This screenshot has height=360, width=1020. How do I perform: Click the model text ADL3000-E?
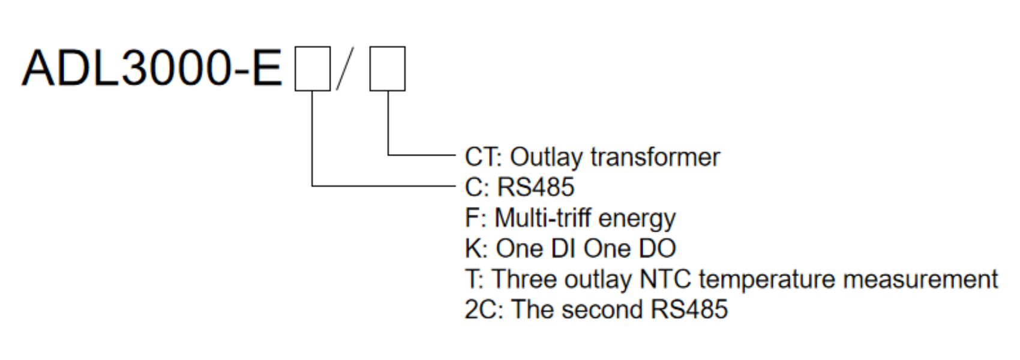pos(151,68)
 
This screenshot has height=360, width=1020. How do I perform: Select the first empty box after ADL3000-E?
pos(313,68)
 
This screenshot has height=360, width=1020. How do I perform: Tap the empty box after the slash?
pos(387,68)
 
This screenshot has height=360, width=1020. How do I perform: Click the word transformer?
pos(655,157)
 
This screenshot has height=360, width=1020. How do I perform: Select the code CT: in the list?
pos(483,157)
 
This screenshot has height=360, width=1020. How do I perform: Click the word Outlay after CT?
pos(546,157)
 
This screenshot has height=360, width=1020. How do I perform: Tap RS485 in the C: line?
pos(536,187)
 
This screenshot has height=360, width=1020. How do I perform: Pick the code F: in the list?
pos(475,218)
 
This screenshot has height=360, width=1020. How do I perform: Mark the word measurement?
pos(920,279)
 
